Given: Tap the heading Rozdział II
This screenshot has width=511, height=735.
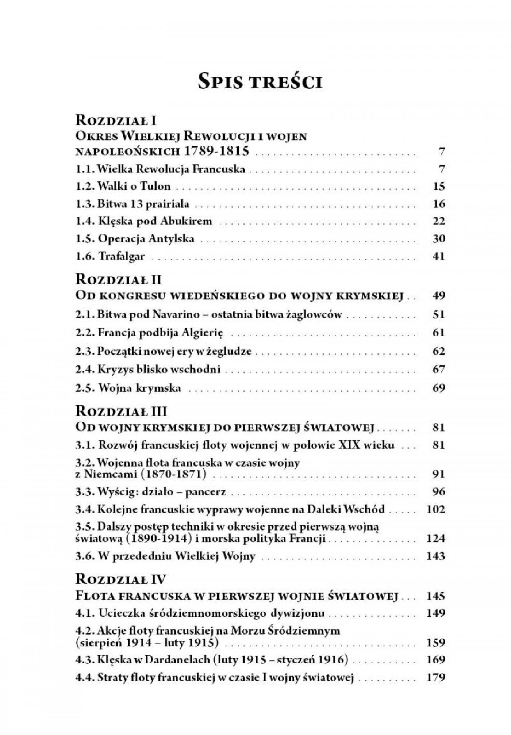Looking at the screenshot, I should click(118, 280).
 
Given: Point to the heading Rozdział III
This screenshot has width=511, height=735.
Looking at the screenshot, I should click(121, 411).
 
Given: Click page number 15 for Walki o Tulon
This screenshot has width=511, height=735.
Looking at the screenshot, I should click(438, 186).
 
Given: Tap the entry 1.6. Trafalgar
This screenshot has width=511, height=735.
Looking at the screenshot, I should click(110, 256).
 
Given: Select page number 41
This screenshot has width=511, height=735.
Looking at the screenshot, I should click(438, 256).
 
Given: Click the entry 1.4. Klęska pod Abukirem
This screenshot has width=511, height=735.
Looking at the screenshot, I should click(144, 221).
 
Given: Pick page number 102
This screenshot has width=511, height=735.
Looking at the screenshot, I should click(435, 509).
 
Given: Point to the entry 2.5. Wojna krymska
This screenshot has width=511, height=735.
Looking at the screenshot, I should click(128, 388).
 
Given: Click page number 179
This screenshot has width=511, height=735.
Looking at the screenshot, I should click(435, 678).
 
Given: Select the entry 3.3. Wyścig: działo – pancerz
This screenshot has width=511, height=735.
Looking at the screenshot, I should click(150, 492).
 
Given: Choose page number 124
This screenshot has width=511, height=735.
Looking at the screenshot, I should click(435, 538).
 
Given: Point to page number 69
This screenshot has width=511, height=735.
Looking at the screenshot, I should click(438, 388).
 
